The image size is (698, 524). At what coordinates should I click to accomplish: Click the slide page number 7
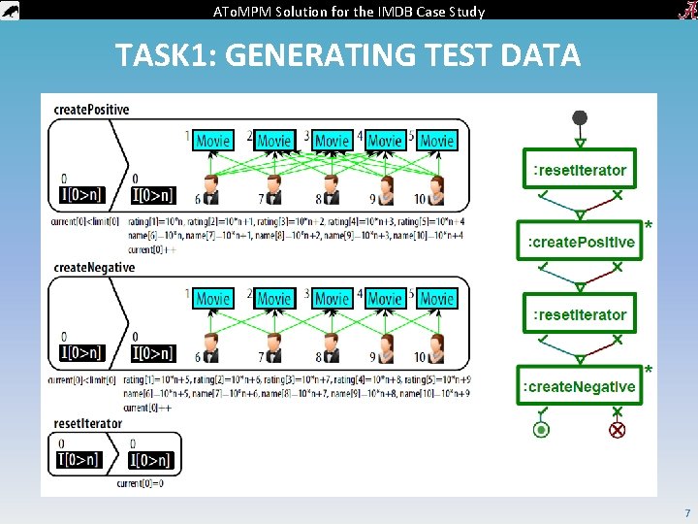(x=687, y=512)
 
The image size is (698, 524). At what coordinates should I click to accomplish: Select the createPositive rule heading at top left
(x=92, y=110)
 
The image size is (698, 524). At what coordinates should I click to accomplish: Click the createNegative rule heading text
(x=94, y=268)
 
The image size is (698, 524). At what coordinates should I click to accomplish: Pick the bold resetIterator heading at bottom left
(x=88, y=423)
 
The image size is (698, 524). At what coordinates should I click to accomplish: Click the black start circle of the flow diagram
(x=580, y=118)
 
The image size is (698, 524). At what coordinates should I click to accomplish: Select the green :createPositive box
(x=580, y=242)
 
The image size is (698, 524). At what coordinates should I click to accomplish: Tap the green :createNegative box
(x=580, y=386)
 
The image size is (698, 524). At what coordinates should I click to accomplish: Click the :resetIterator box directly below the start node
(x=580, y=170)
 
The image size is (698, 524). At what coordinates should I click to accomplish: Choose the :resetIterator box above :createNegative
(x=580, y=314)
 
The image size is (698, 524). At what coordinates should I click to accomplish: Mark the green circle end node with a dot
(x=542, y=429)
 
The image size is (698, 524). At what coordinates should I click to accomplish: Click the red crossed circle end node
(x=617, y=429)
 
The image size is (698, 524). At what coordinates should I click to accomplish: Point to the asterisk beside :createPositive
(x=648, y=226)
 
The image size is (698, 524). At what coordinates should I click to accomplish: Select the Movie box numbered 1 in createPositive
(x=212, y=141)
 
